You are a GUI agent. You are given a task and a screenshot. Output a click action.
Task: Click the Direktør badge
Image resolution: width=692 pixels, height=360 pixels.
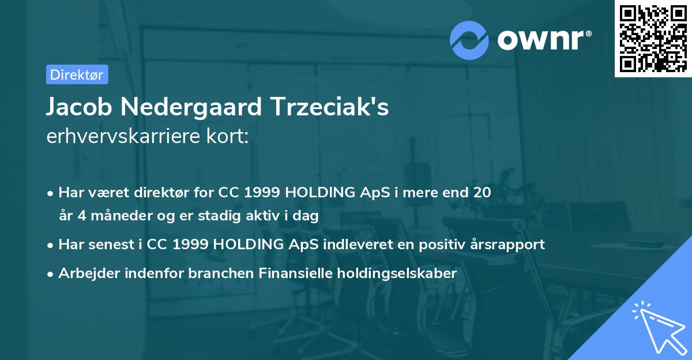click(77, 74)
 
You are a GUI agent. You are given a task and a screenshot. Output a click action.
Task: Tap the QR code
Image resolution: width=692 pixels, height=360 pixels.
click(653, 38)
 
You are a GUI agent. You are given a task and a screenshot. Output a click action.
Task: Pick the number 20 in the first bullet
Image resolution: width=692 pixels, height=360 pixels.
click(482, 193)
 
